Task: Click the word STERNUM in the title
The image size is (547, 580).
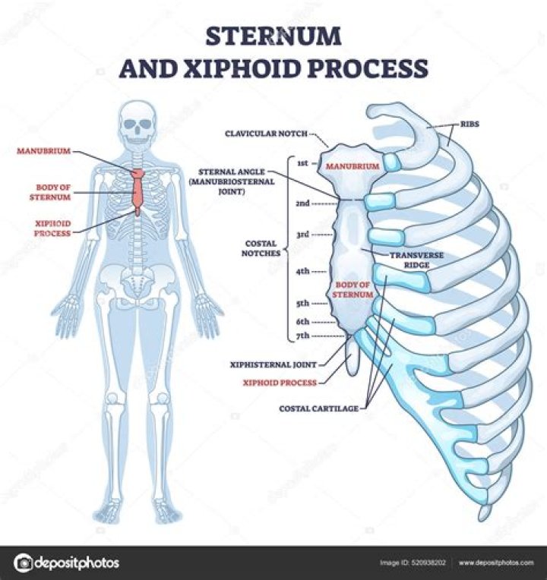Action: pos(273,36)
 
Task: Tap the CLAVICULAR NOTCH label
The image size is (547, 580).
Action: pos(266,134)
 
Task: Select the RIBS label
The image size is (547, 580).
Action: pos(470,124)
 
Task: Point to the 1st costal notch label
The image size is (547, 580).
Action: pos(302,163)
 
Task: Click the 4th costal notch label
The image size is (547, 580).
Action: pos(302,271)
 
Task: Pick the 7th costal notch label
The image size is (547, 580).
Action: pos(302,336)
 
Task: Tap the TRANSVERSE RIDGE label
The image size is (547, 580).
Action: pos(416,260)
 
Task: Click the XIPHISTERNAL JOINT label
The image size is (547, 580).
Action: pos(273,364)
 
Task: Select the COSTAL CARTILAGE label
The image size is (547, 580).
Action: pos(318,408)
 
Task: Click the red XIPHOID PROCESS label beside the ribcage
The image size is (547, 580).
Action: pos(280,383)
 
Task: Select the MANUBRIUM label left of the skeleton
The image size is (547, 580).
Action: pos(43,151)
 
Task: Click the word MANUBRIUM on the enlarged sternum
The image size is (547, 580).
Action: pos(353,166)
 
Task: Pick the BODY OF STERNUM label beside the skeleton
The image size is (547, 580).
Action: pos(50,192)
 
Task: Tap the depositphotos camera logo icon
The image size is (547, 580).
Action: pos(24,563)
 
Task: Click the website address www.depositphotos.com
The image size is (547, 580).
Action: pos(496,563)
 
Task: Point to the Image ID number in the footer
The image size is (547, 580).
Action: pos(428,563)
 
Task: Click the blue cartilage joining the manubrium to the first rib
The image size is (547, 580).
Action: pos(390,162)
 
